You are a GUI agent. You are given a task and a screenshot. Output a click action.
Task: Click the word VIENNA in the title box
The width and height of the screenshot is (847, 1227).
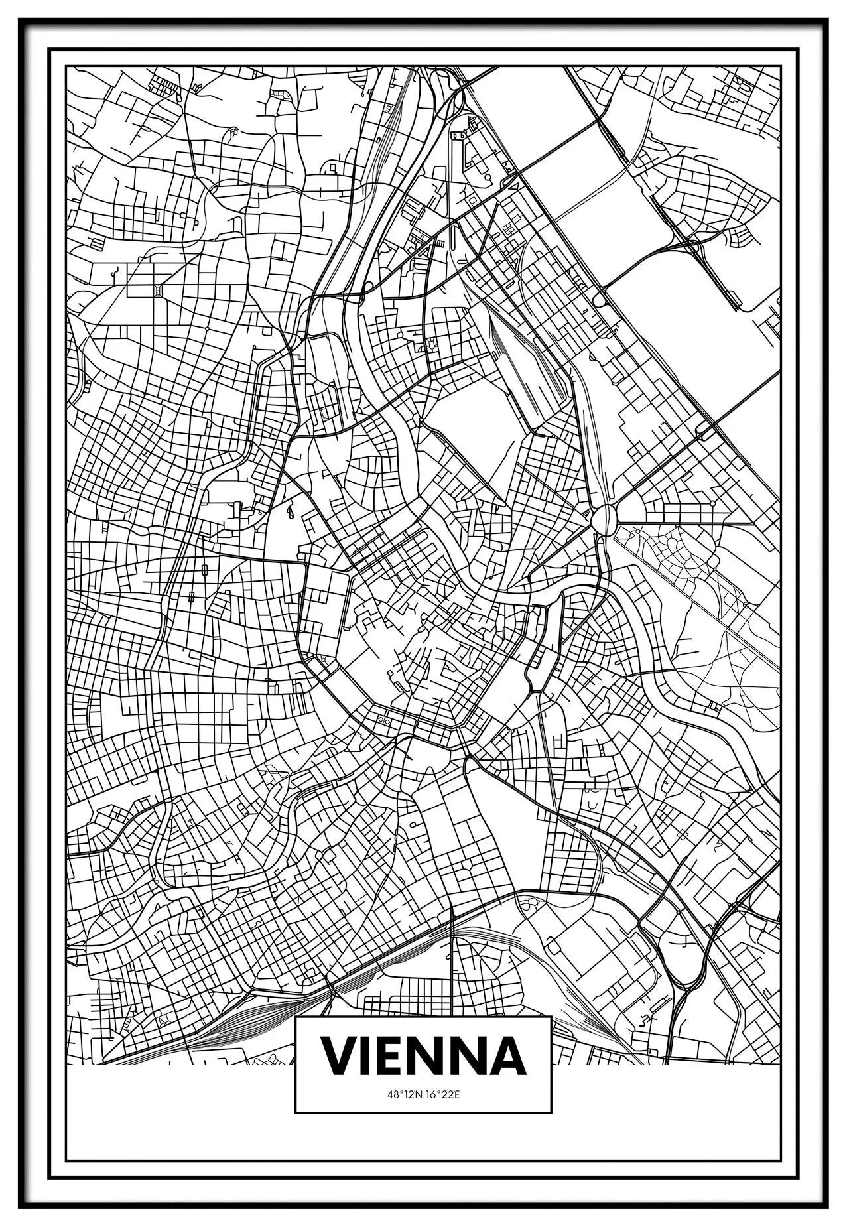coord(423,1074)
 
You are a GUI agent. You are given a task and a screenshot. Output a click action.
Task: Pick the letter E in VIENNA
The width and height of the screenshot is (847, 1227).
coord(389,1074)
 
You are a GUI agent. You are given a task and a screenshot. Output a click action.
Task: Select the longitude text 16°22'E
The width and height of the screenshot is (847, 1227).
coord(442,1113)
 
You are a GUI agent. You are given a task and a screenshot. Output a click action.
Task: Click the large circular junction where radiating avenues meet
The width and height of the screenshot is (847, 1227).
coord(604,518)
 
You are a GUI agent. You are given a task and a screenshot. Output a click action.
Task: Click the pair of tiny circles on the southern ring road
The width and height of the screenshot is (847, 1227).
coord(383,720)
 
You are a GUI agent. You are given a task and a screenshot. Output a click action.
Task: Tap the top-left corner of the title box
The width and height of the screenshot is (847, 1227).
coord(296,1036)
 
